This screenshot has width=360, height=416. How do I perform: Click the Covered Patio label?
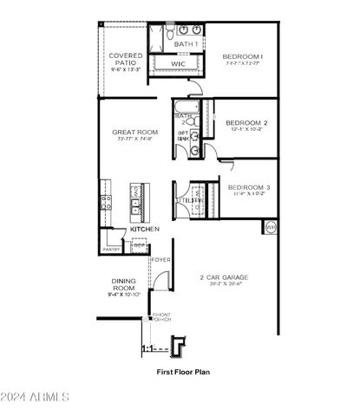click(x=125, y=59)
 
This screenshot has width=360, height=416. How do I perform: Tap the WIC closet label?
click(x=179, y=63)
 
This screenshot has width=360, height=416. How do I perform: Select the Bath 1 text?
click(x=185, y=43)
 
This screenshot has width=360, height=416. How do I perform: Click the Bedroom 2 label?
click(x=246, y=123)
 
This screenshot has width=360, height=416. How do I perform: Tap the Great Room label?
click(x=134, y=132)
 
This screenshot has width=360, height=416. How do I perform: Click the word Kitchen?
click(x=145, y=229)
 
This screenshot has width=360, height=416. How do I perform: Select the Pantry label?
click(x=111, y=249)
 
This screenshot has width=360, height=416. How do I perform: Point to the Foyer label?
click(x=162, y=259)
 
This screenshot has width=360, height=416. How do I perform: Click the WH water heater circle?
click(x=270, y=227)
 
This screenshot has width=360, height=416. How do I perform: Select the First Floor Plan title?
click(x=183, y=372)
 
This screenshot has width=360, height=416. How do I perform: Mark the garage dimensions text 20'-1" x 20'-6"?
click(x=225, y=285)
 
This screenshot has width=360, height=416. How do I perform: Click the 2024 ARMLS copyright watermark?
click(x=36, y=398)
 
